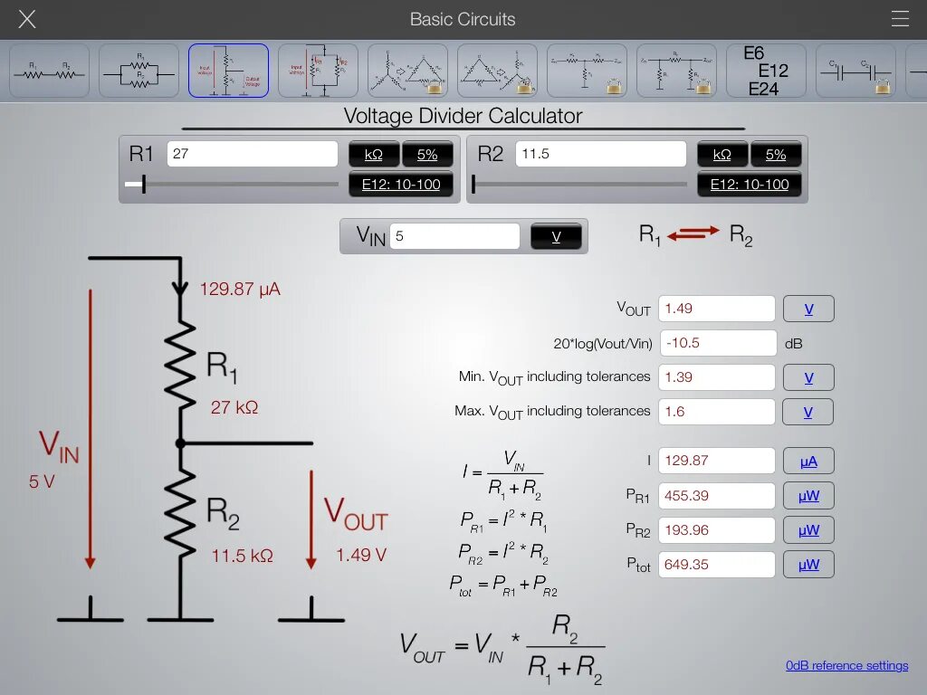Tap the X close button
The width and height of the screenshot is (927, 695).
tap(27, 19)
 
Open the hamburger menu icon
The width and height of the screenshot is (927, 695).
tap(899, 19)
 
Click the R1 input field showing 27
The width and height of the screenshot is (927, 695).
tap(252, 154)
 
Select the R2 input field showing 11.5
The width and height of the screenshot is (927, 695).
tap(600, 154)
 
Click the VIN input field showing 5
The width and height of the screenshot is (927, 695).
tap(454, 237)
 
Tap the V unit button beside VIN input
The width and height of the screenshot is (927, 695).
tap(556, 237)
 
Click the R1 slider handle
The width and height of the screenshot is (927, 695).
tap(143, 185)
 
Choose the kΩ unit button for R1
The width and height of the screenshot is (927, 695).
tap(374, 155)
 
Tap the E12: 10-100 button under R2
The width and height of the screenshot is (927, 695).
tap(750, 185)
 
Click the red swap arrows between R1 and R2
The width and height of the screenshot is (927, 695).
tap(693, 233)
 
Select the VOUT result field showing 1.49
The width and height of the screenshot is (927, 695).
tap(716, 309)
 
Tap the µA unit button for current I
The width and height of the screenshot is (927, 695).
tap(808, 461)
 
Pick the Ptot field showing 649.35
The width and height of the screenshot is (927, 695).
tap(716, 565)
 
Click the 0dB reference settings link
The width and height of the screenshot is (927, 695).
tap(846, 666)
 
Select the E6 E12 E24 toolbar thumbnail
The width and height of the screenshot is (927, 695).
tap(766, 71)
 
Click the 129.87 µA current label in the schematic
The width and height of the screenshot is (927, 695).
tap(240, 290)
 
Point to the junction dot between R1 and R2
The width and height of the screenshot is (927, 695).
tap(180, 443)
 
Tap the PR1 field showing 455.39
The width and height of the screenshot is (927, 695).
tap(716, 496)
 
